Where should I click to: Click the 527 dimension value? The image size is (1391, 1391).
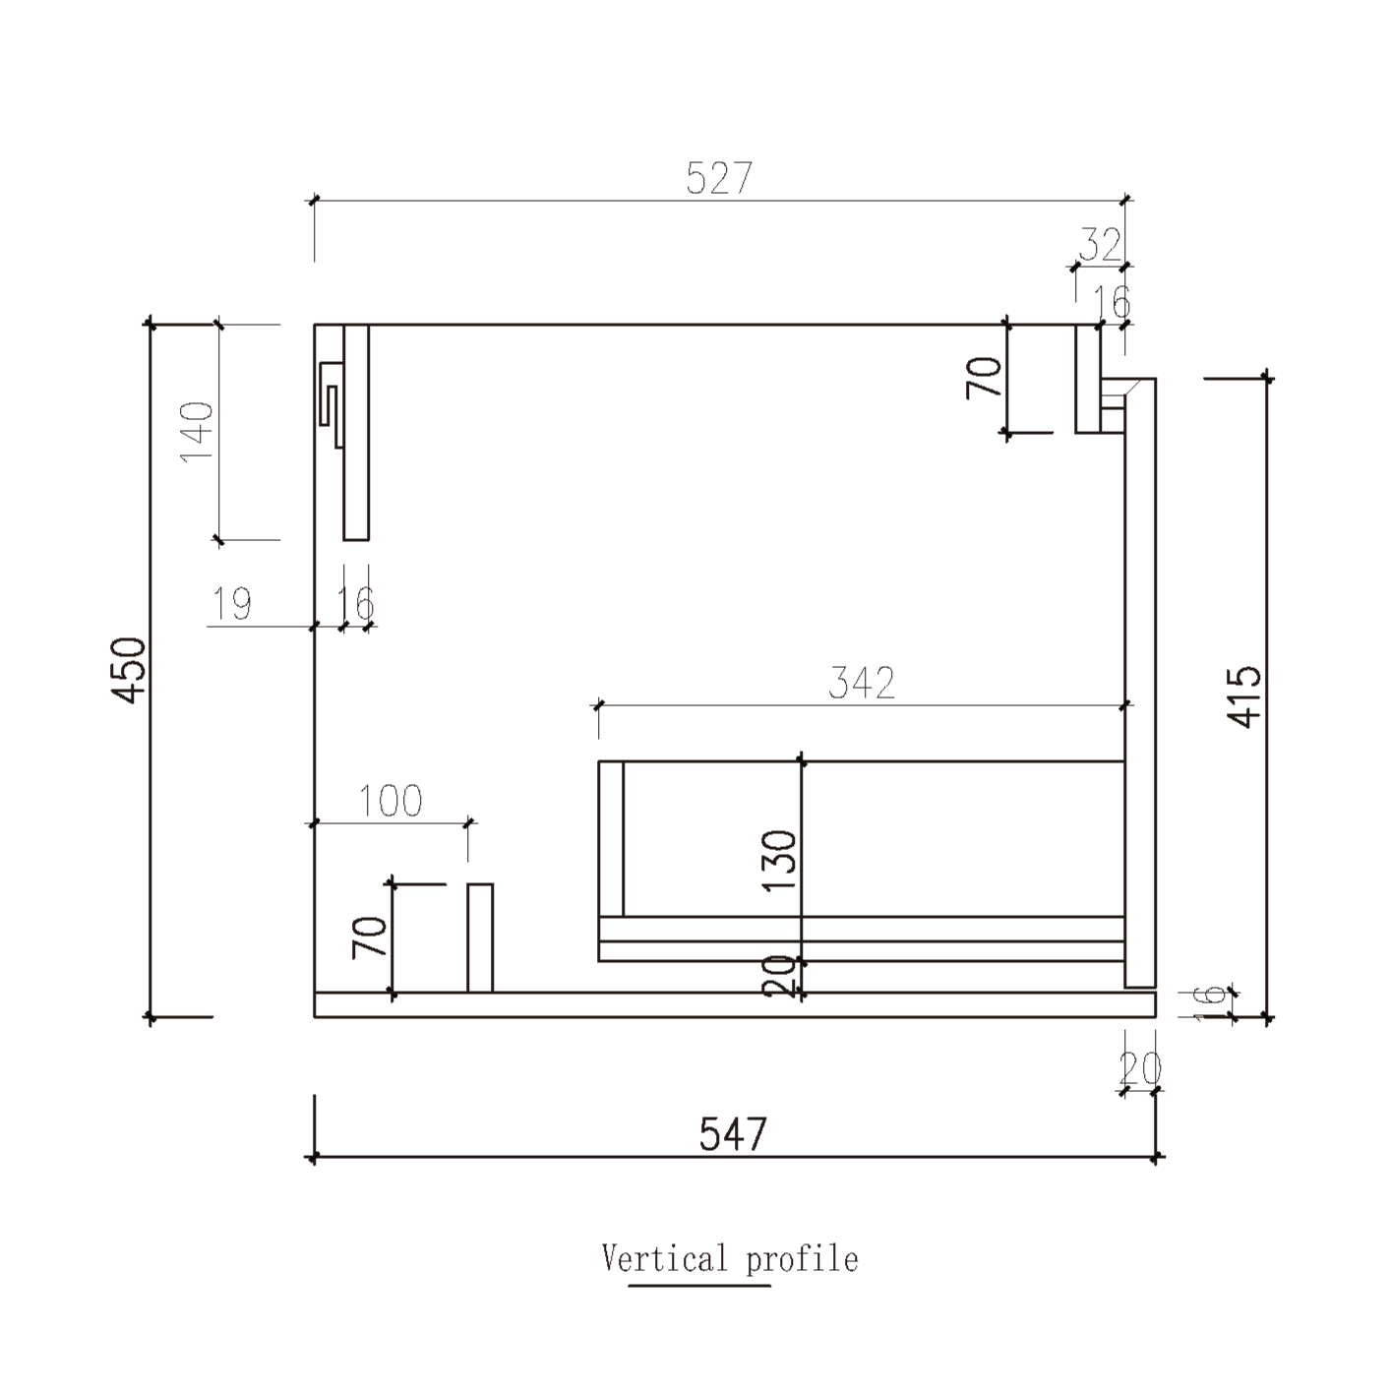point(719,178)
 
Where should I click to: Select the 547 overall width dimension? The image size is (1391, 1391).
point(732,1134)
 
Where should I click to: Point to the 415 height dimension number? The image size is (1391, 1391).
point(1245,696)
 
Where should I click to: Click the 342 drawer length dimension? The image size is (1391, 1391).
point(862,683)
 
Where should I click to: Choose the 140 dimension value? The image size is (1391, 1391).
point(198,431)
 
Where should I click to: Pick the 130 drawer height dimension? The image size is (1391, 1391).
point(780,860)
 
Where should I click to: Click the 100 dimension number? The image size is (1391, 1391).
point(391,802)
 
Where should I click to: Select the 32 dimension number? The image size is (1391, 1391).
point(1100,245)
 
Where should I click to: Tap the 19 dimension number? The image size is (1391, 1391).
point(233,604)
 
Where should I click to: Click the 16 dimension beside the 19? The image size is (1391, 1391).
point(356,603)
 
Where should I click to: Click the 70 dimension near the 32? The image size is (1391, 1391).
point(984,377)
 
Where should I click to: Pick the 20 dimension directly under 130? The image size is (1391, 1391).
point(780,976)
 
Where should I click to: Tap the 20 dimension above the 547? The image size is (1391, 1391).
point(1140,1067)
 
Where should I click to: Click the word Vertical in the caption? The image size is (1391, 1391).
point(665,1258)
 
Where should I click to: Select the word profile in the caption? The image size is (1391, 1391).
point(802,1259)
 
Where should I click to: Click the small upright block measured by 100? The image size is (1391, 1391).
point(480,937)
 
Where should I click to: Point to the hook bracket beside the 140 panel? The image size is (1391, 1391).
point(330,398)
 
